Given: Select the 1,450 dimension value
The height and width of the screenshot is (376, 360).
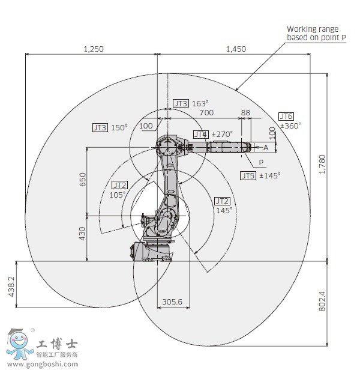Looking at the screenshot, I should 236,49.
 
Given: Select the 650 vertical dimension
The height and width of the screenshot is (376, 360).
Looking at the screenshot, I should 83,180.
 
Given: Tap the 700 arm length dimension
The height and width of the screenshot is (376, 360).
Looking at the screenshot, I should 206,112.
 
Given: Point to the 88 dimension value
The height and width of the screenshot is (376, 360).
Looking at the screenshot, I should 245,112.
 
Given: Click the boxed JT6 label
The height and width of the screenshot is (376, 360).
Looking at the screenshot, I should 286,116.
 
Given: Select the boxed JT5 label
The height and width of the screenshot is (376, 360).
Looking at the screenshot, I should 248,175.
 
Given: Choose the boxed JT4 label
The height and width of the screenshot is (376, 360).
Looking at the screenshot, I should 200,134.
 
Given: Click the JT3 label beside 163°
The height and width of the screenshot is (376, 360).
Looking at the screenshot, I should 180,103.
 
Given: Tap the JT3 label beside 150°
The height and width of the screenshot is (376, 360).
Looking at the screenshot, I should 100,127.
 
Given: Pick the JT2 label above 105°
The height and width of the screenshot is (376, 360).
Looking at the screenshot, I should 119,185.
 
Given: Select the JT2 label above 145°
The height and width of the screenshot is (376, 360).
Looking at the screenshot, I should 222,201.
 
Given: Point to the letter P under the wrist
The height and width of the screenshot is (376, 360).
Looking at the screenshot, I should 260,162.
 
